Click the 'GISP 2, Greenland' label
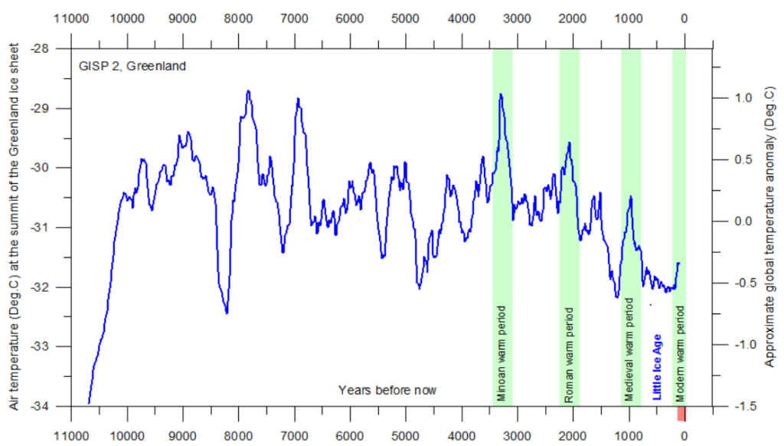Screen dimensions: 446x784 132,66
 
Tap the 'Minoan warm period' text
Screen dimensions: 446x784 501,355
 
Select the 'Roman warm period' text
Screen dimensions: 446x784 569,355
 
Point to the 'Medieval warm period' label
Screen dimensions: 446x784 629,350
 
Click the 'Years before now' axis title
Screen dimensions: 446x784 387,390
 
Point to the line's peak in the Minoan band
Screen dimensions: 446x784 501,94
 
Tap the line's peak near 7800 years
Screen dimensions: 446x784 248,91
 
